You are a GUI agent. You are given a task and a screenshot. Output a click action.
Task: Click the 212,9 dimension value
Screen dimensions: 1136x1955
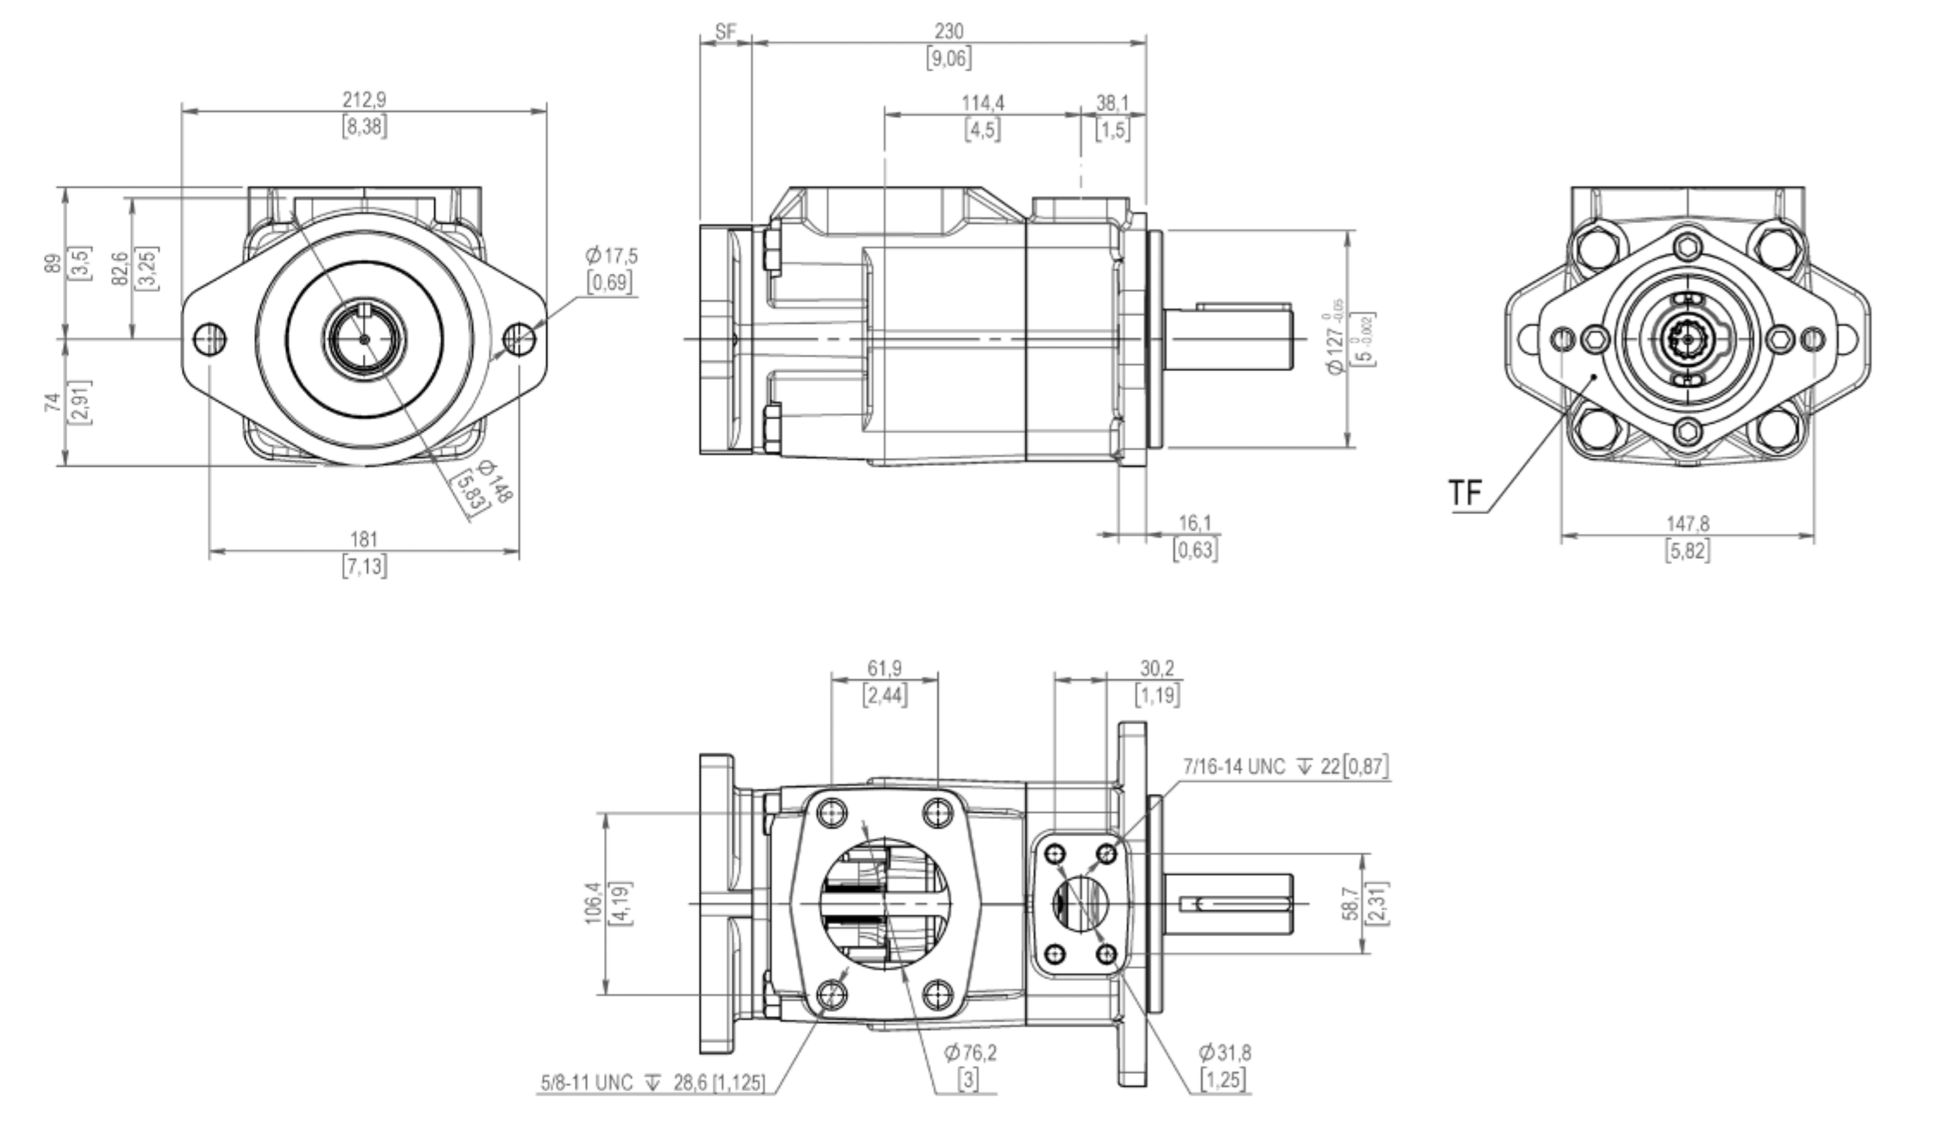tap(364, 100)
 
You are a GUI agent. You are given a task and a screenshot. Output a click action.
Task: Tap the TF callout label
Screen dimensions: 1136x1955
tap(1465, 493)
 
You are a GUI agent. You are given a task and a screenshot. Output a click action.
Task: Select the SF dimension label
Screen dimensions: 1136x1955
tap(725, 32)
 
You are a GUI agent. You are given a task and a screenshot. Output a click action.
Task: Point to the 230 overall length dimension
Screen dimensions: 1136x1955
tap(949, 32)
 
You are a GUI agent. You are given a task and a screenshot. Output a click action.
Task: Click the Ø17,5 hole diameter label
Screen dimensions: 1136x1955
tap(611, 255)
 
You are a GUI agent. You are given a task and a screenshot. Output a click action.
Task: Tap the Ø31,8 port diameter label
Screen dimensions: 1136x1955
tap(1224, 1052)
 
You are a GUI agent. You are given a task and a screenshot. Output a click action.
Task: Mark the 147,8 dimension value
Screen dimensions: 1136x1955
tap(1687, 524)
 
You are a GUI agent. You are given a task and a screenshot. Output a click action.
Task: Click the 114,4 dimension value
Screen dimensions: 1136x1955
tap(983, 103)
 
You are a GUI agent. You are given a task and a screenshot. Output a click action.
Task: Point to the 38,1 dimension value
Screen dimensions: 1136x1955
tap(1112, 103)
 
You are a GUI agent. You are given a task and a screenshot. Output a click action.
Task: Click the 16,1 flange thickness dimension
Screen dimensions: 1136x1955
tap(1195, 523)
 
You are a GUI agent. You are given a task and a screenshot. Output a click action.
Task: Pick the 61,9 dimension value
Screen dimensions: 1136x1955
tap(885, 668)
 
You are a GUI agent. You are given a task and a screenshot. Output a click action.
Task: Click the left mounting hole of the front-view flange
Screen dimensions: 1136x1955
tap(210, 338)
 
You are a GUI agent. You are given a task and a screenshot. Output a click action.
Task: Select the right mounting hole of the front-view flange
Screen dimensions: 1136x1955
tap(519, 338)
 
